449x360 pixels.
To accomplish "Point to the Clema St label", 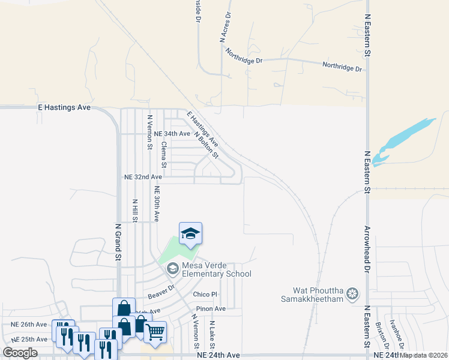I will (163, 154).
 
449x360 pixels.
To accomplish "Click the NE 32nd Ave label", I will (143, 178).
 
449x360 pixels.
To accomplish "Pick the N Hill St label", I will (135, 211).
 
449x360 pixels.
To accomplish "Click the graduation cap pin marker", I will (190, 233).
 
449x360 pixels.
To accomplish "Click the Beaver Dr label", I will (160, 292).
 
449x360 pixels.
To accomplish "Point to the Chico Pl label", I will (205, 295).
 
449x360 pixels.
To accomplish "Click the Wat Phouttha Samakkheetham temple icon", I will (352, 294).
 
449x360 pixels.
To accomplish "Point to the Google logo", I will (20, 353).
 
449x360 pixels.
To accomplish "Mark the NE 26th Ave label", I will (29, 325).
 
